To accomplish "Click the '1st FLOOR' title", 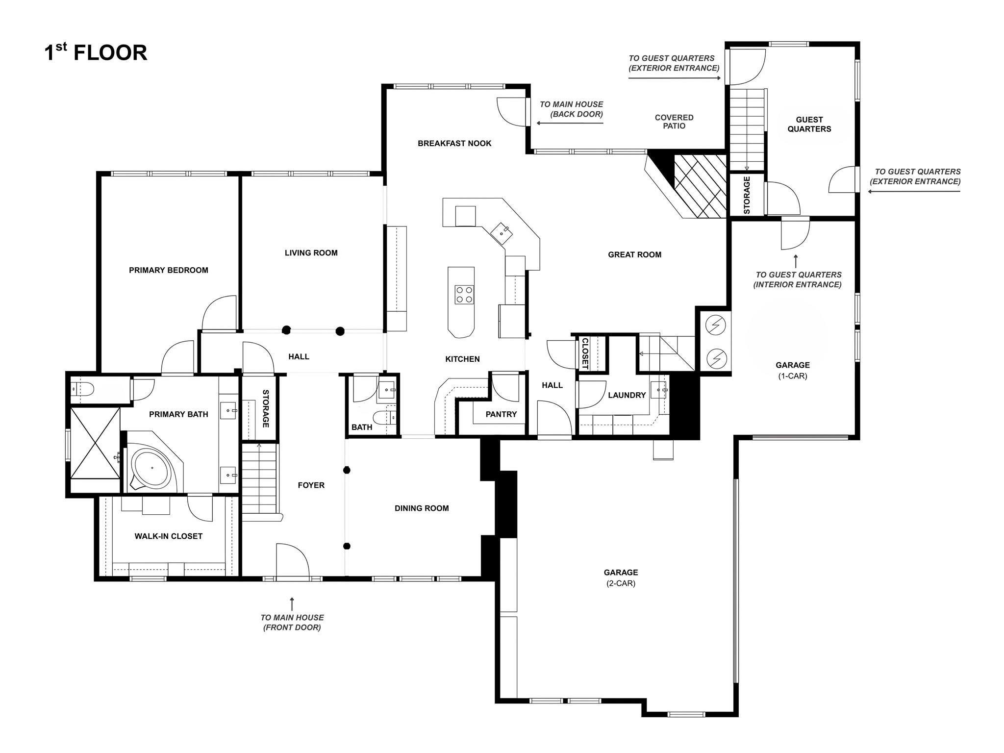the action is pos(96,52).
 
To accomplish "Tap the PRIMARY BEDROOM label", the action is pos(169,270).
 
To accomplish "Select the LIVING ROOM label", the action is pos(311,253).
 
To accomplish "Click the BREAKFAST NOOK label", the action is pos(454,144).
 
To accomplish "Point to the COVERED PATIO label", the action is pos(674,122).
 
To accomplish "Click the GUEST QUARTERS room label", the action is pos(809,124).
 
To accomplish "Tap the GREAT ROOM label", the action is pos(635,255).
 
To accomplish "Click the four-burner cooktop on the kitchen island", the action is pos(464,295).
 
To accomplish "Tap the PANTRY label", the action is pos(501,415).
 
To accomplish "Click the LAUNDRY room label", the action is pos(627,395).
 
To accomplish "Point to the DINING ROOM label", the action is pos(422,508).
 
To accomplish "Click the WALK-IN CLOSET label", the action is pos(169,536).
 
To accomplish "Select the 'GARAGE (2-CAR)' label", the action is pos(621,577).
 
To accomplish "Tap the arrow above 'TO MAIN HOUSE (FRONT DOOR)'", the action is pos(292,603).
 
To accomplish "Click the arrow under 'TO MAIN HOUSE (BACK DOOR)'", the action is pos(570,123).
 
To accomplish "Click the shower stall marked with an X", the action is pos(95,443).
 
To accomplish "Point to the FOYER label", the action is pos(311,485).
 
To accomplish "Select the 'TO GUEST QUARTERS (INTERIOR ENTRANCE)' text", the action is pos(799,280).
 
